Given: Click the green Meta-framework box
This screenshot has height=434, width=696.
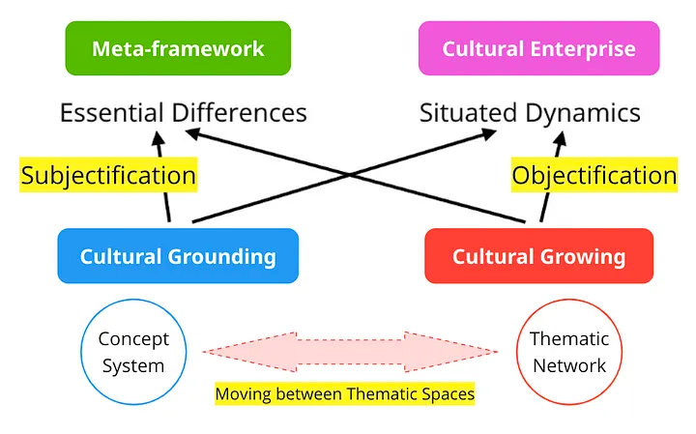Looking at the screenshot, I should [178, 48].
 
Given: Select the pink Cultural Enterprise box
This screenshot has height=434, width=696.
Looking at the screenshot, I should [538, 48].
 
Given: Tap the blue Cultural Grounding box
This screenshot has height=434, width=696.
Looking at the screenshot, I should [178, 256].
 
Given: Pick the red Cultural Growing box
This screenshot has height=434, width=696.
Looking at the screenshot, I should [538, 256].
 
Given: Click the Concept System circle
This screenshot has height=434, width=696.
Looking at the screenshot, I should [133, 352].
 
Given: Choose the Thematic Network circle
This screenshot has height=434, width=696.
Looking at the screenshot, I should [568, 352].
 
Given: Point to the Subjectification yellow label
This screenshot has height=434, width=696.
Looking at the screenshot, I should [108, 175].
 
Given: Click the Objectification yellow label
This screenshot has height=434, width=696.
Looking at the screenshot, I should [594, 175].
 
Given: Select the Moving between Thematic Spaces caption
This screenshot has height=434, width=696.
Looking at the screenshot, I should [344, 394].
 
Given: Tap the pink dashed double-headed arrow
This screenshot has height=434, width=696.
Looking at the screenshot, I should [351, 352].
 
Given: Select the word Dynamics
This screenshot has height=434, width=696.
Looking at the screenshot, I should [584, 112].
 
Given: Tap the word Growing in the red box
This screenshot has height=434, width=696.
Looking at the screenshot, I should [581, 256].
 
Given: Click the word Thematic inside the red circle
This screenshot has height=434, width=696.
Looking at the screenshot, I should [568, 339].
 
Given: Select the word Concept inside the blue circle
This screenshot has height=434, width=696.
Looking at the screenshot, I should [133, 339].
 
